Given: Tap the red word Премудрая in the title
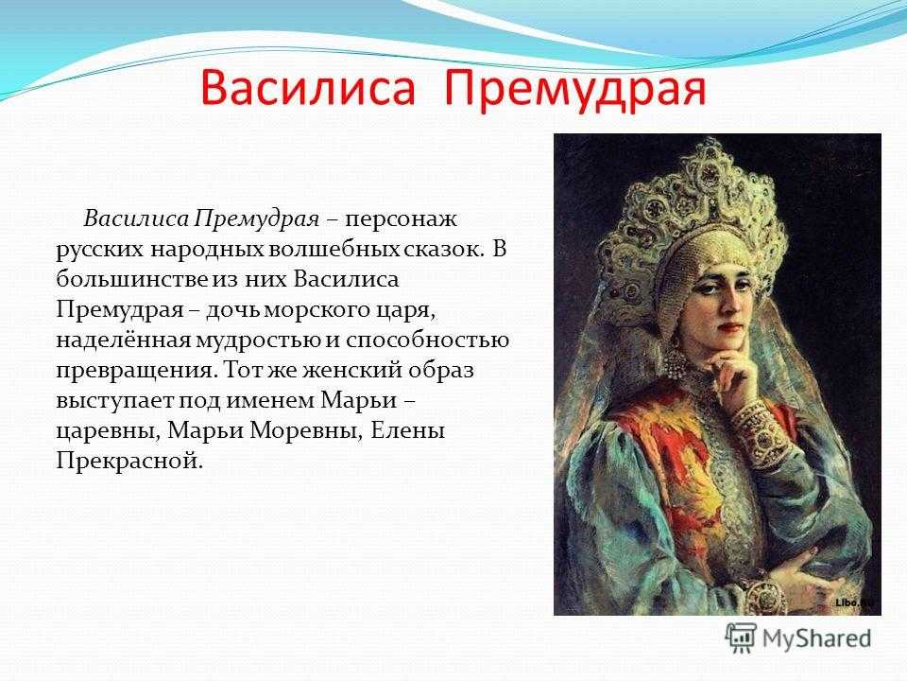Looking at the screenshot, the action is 575,91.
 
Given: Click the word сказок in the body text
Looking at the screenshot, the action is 442,250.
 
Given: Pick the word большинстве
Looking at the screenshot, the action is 132,280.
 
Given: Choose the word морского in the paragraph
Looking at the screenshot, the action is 312,311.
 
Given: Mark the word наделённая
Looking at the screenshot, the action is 123,340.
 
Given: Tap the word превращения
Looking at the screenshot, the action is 135,371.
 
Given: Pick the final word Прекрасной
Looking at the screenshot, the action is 130,462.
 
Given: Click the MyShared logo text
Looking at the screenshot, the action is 816,638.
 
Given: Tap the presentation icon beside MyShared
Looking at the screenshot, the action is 741,638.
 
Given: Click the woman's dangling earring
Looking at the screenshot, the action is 675,362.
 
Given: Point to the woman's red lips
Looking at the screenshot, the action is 731,327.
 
